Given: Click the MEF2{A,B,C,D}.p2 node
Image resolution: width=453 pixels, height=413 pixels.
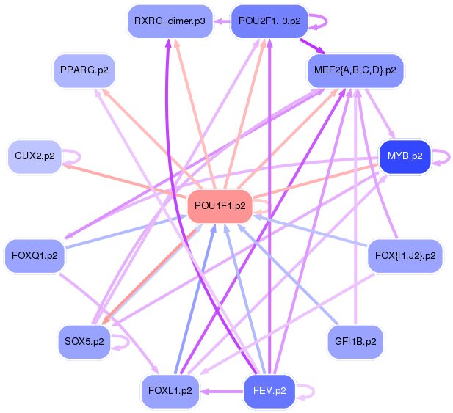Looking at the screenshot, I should pyautogui.click(x=355, y=71).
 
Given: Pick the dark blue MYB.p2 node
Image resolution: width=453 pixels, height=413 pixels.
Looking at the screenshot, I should pyautogui.click(x=405, y=156).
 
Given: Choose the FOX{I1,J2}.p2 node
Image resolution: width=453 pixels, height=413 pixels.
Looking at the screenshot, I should pyautogui.click(x=405, y=256).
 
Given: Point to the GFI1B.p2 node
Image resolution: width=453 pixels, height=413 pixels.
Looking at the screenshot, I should pyautogui.click(x=355, y=342).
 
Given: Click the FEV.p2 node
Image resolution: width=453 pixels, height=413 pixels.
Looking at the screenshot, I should pyautogui.click(x=269, y=391).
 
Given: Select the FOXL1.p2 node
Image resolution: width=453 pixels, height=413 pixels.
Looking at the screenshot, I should pyautogui.click(x=170, y=391).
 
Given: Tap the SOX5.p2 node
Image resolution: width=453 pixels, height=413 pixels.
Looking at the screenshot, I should pyautogui.click(x=84, y=342).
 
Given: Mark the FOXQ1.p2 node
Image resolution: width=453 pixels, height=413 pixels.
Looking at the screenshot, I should pyautogui.click(x=35, y=256).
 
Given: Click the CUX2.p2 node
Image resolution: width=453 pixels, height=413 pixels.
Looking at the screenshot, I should pyautogui.click(x=35, y=156).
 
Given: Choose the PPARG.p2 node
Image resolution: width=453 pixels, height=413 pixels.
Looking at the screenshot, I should pyautogui.click(x=84, y=71).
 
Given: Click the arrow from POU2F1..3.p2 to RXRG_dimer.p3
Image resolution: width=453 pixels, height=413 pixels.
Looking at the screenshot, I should pyautogui.click(x=221, y=21).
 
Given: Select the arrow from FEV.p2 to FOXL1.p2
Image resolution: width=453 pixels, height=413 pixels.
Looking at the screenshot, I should pyautogui.click(x=220, y=391).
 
